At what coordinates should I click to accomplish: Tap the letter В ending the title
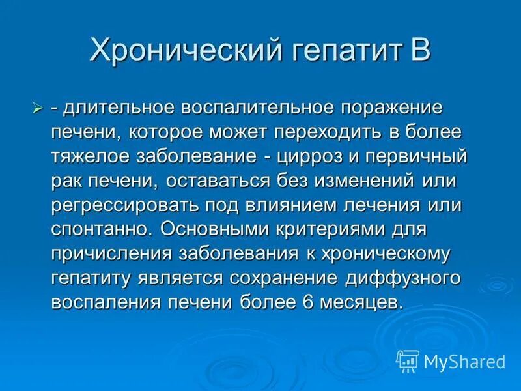pyautogui.click(x=419, y=50)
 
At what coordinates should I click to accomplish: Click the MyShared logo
pyautogui.click(x=451, y=360)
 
